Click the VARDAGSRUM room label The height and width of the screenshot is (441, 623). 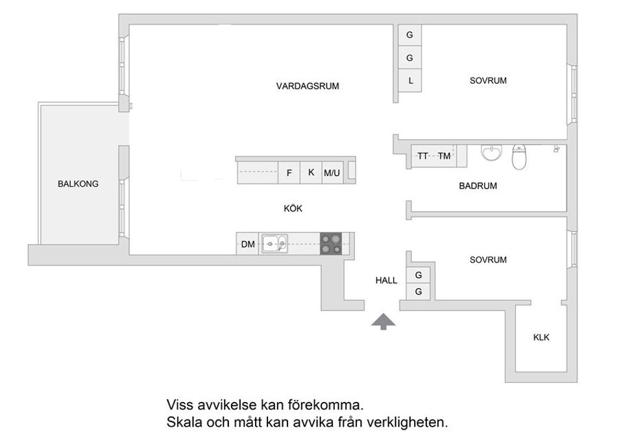pos(308,86)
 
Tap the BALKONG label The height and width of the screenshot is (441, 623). pos(78,184)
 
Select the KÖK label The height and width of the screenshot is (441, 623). pos(293,208)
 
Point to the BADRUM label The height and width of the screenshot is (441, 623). pos(478,186)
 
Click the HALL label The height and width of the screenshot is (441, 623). pos(386,281)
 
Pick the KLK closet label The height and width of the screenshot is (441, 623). pos(541,338)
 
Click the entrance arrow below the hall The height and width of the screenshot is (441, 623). pos(384,321)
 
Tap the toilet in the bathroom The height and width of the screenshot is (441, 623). pos(519,157)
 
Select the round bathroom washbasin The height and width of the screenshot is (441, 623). pos(491,153)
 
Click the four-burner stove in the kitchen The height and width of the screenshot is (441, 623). pos(330,244)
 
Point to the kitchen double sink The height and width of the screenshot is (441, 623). pos(275,244)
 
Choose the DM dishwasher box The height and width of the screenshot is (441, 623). pos(247,244)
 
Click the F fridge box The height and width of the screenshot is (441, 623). pos(289,173)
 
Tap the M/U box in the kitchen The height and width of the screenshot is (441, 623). pos(332,173)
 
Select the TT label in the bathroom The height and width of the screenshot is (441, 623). pos(422,156)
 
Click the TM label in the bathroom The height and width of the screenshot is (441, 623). pos(444,156)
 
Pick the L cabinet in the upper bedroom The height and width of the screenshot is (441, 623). pos(409,81)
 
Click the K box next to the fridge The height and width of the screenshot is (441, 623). pos(311,173)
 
